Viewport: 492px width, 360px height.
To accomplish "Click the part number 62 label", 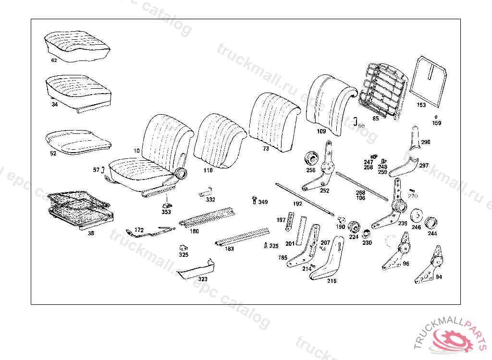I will click(54, 61).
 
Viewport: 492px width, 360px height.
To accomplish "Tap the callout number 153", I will click(421, 105).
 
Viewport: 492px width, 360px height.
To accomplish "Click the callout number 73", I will click(266, 149).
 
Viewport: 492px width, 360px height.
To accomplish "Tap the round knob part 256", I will click(312, 158).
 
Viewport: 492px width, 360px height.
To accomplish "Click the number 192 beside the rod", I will click(297, 204).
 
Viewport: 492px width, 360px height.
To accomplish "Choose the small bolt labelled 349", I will click(255, 200).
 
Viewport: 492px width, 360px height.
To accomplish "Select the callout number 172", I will click(139, 230).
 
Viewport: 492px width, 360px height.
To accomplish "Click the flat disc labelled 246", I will click(417, 216).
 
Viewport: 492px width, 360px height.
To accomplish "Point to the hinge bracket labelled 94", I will click(430, 265).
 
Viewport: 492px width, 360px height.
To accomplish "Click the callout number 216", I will click(332, 281).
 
